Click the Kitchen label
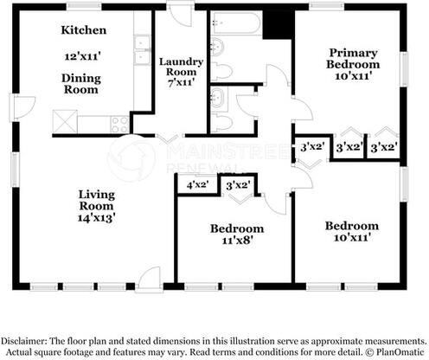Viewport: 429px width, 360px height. pyautogui.click(x=84, y=30)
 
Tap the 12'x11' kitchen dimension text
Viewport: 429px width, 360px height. pyautogui.click(x=82, y=56)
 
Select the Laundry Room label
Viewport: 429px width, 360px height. pyautogui.click(x=181, y=67)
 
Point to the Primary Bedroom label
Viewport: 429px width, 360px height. pyautogui.click(x=353, y=59)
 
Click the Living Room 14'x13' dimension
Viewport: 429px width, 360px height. pyautogui.click(x=97, y=218)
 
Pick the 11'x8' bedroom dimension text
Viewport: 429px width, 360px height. pyautogui.click(x=237, y=240)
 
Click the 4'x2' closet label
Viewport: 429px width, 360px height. pyautogui.click(x=197, y=184)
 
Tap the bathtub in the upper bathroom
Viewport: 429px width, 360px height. pyautogui.click(x=236, y=22)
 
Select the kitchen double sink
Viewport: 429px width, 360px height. pyautogui.click(x=143, y=50)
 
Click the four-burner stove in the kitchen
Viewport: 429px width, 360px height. pyautogui.click(x=120, y=125)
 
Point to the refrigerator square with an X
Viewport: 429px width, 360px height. pyautogui.click(x=66, y=122)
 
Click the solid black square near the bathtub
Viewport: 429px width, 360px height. pyautogui.click(x=279, y=25)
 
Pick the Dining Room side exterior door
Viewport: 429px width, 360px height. pyautogui.click(x=24, y=107)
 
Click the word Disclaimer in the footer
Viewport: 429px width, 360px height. pyautogui.click(x=23, y=341)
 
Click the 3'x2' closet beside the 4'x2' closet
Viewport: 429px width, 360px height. pyautogui.click(x=239, y=185)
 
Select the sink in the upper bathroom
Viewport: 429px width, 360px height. pyautogui.click(x=217, y=48)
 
